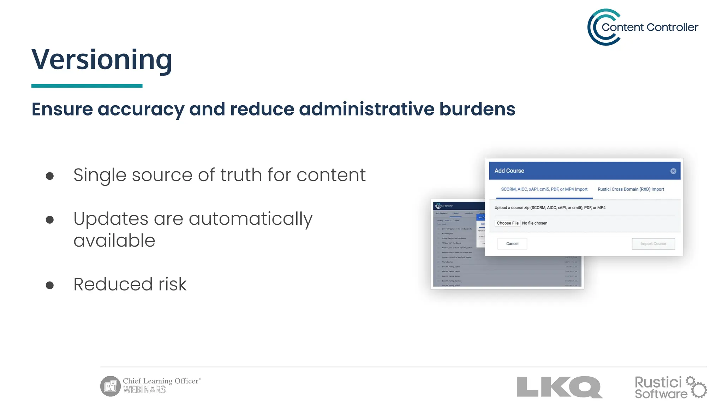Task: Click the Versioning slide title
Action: pos(102,59)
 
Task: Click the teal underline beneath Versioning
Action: pos(87,86)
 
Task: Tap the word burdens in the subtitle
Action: pos(477,109)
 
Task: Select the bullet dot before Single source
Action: pos(50,176)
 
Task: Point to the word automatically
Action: pos(251,219)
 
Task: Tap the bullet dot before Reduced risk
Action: pos(50,285)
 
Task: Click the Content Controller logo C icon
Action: pos(600,27)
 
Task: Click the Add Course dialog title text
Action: pos(509,171)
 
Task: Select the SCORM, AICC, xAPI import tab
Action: pos(544,189)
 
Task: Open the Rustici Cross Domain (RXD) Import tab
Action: pos(631,189)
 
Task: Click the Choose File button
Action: pos(508,223)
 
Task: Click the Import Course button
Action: pos(653,244)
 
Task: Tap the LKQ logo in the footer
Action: pos(560,387)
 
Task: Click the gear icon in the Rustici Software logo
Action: pos(698,389)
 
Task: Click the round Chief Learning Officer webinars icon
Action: pos(110,386)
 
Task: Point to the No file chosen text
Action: pos(534,223)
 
